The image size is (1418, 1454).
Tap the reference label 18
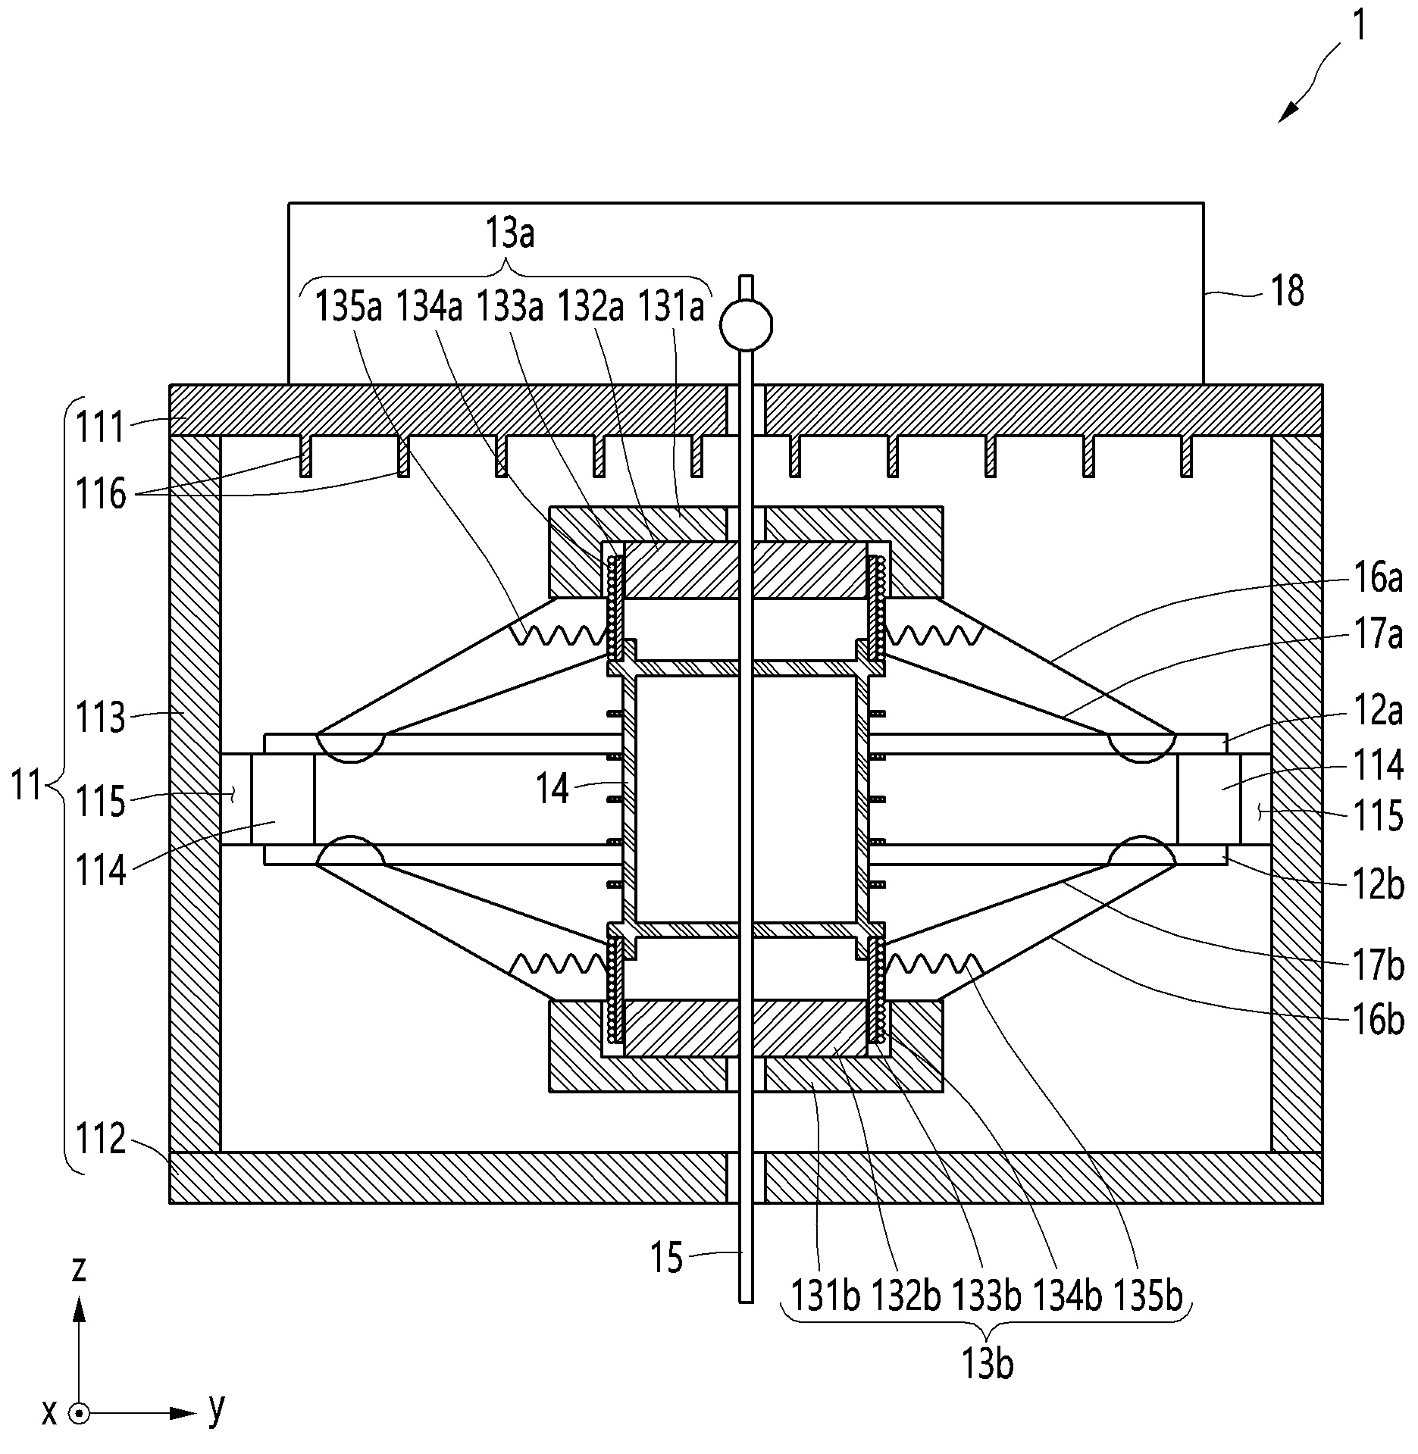[1287, 291]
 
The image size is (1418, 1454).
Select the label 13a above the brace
[510, 233]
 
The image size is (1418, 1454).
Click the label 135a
[348, 308]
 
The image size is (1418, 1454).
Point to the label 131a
[671, 308]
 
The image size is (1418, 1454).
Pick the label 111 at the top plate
[99, 427]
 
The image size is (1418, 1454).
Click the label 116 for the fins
[100, 495]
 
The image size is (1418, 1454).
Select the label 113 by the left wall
[100, 717]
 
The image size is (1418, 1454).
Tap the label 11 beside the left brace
[27, 785]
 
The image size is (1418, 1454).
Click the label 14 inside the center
[552, 790]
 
